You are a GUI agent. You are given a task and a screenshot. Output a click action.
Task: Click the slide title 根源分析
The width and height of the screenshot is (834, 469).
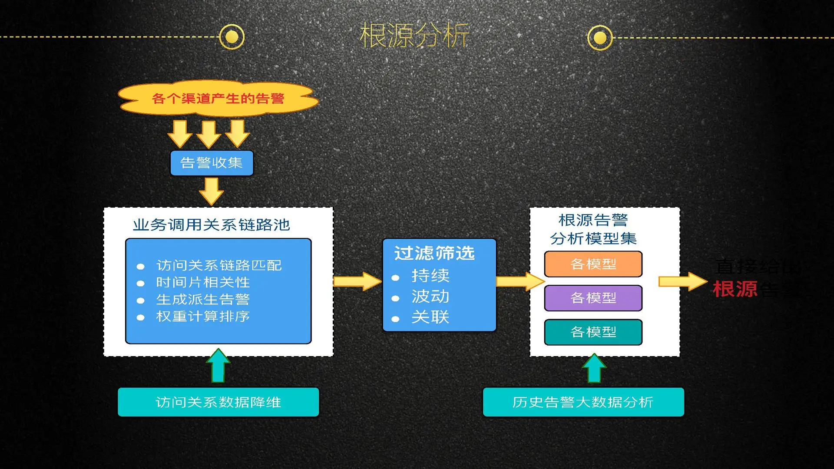(x=414, y=36)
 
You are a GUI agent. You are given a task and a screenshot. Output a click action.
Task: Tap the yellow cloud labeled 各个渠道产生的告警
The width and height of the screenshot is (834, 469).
(x=218, y=99)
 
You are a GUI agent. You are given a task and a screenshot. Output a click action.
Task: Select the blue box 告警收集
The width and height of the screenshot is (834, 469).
(x=212, y=163)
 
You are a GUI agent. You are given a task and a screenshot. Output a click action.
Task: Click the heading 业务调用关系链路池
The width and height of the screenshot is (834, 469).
(x=212, y=225)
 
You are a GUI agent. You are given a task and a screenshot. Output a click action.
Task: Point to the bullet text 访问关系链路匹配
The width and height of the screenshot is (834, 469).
(x=219, y=265)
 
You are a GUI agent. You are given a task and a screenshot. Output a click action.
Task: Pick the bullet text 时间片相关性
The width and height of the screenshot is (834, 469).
(x=203, y=282)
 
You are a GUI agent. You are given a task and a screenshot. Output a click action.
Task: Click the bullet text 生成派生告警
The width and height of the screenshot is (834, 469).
(x=203, y=299)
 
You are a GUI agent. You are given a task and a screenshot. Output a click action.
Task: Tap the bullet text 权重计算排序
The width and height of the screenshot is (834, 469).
(x=203, y=316)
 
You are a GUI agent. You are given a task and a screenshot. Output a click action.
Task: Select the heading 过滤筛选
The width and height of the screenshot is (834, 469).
(x=434, y=253)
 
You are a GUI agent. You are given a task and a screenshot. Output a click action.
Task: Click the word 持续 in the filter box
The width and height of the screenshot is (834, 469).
(x=430, y=275)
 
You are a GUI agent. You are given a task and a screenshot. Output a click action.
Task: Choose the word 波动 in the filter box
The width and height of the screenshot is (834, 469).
(x=430, y=296)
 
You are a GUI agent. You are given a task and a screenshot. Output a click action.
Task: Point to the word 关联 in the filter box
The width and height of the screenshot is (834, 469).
(x=430, y=317)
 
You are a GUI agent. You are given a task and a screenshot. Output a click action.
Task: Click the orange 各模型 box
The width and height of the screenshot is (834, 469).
(x=593, y=264)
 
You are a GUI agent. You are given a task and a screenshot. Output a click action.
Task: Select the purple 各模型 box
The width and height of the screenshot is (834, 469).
(x=593, y=298)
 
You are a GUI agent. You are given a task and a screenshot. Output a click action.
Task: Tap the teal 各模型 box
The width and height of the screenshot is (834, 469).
(x=593, y=332)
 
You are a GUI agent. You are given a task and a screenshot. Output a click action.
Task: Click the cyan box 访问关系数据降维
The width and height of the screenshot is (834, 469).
(x=218, y=402)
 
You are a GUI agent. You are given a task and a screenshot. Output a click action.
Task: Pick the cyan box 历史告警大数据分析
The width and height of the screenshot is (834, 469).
(x=583, y=402)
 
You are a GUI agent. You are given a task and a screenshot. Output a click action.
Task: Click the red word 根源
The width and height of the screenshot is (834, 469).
(x=735, y=289)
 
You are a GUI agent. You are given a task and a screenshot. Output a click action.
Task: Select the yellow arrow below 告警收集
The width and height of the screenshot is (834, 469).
(x=212, y=191)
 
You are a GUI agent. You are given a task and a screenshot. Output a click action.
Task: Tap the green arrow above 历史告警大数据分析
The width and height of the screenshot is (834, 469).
(x=594, y=368)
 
